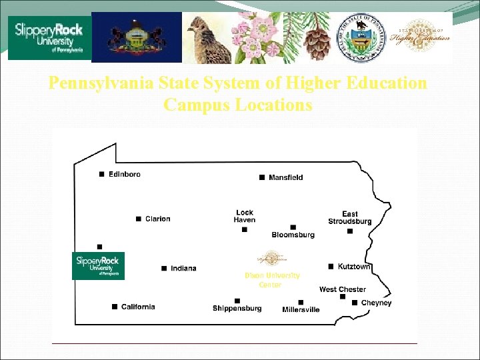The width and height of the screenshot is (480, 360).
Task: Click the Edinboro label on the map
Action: tap(125, 174)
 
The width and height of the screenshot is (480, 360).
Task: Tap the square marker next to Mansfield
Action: tap(261, 177)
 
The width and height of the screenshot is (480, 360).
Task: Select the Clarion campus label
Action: tap(157, 219)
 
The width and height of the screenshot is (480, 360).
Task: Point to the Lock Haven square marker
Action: tap(245, 229)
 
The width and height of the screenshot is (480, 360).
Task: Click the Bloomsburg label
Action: tap(293, 235)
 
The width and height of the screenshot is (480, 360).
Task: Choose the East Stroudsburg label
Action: tap(349, 218)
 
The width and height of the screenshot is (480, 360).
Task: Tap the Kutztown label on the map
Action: tap(353, 267)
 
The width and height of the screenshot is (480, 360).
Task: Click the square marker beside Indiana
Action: tap(163, 268)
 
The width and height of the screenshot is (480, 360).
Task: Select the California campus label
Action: tap(138, 307)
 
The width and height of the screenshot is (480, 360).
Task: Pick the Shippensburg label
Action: tap(237, 308)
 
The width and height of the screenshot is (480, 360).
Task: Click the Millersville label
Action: tap(301, 309)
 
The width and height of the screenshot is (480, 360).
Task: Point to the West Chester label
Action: tap(342, 289)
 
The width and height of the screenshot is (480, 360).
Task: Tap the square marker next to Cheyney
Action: tap(355, 303)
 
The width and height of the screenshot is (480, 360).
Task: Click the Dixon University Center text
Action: tap(272, 279)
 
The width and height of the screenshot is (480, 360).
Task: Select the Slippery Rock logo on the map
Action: tap(98, 265)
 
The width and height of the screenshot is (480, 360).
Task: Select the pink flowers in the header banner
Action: tap(257, 38)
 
